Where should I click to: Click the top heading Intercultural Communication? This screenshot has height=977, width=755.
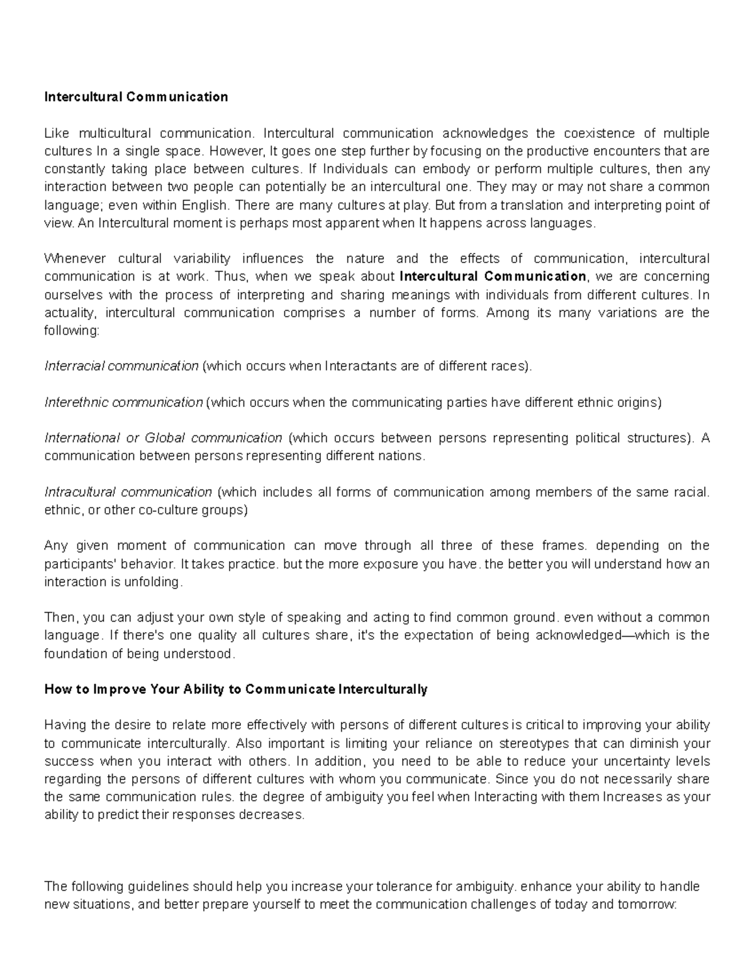[136, 97]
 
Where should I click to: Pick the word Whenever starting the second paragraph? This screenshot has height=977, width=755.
[72, 259]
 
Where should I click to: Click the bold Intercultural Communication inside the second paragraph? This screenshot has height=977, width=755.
[493, 277]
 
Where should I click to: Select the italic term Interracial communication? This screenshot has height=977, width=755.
[121, 367]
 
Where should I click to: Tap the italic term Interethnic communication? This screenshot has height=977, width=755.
[123, 403]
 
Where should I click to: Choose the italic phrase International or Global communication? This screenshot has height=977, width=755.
[163, 438]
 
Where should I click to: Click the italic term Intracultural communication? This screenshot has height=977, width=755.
[128, 493]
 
